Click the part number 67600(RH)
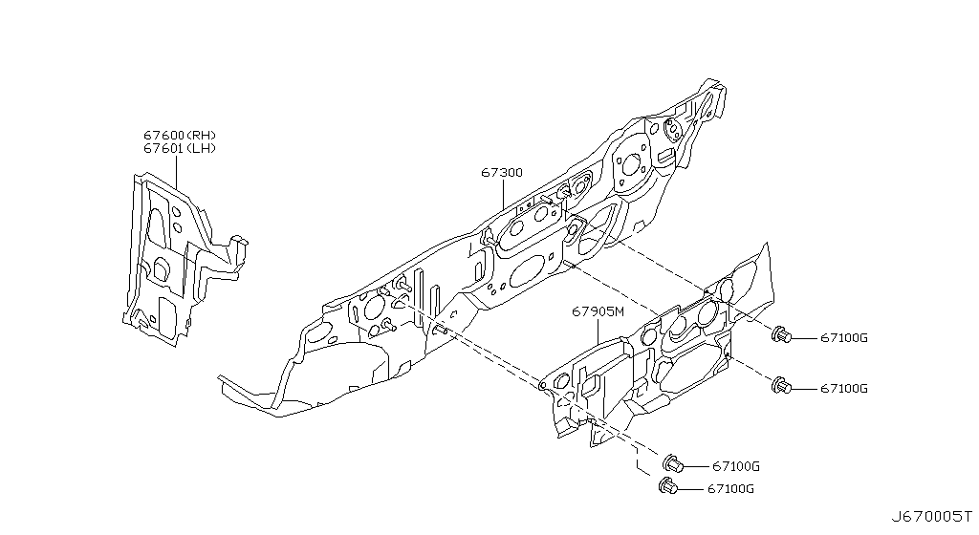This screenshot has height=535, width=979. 180,136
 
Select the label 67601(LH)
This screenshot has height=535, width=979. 180,149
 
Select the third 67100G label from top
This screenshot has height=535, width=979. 734,466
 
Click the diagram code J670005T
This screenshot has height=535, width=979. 931,517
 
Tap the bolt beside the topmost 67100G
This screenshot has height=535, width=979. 781,334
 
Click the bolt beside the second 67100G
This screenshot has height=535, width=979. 781,386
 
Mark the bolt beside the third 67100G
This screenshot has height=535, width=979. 673,464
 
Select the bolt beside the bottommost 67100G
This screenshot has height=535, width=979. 669,487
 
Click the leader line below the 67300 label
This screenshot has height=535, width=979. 503,196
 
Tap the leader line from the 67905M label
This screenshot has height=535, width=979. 599,331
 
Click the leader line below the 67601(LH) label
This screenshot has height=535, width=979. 178,172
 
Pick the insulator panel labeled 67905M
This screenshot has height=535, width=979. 669,353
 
